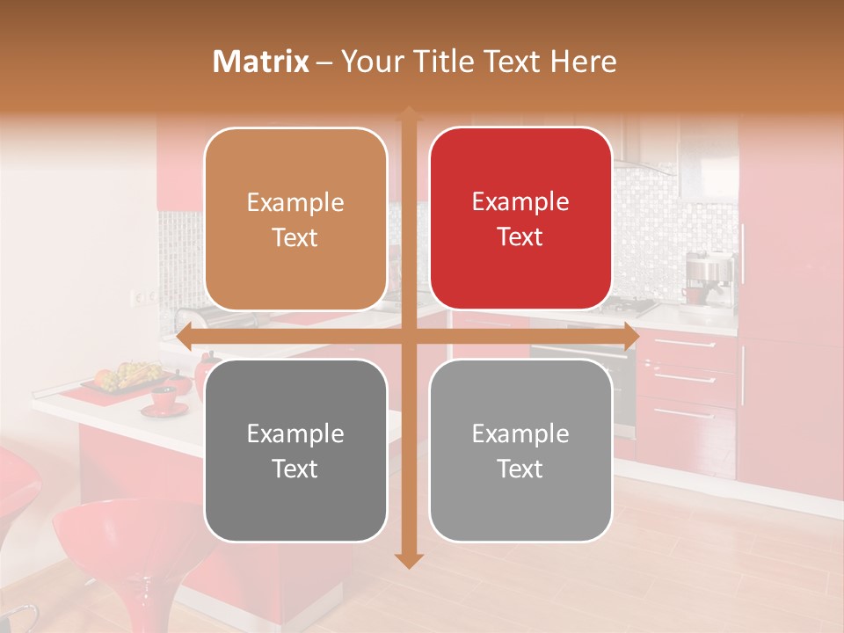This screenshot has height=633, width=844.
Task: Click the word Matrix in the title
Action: point(260,62)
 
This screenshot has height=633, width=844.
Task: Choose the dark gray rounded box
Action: point(295,450)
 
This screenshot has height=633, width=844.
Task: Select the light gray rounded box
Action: point(520,450)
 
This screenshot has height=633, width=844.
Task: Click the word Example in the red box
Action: point(520,201)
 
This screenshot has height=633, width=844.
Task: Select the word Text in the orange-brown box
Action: point(295,237)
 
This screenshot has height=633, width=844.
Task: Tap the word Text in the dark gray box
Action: point(295,469)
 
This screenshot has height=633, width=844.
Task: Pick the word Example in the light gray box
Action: point(520,433)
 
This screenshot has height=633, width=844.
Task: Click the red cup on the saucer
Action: point(164,398)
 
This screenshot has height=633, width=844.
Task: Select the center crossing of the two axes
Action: point(408,337)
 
